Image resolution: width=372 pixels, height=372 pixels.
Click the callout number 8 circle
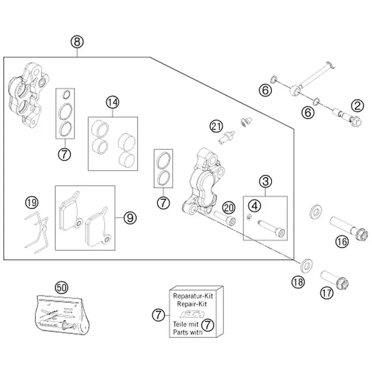coord(78,41)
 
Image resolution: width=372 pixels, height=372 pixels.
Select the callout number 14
coord(112,102)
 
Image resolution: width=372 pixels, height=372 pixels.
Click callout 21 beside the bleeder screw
coord(215,126)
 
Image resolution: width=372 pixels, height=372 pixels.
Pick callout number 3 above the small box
coord(265,182)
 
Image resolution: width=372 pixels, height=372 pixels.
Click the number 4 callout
coord(256,205)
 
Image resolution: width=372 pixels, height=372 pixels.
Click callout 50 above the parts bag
coord(62,287)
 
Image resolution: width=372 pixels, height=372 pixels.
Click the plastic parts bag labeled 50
coord(62,314)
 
